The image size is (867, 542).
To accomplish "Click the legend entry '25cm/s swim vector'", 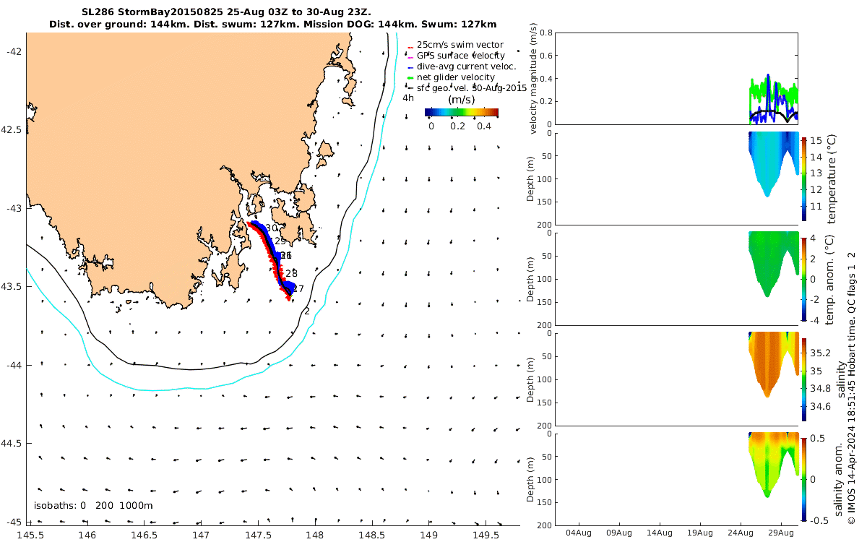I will tap(460, 45).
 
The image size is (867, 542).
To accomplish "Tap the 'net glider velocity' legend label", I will tap(455, 77).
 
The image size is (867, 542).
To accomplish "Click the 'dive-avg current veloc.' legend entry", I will tap(466, 66).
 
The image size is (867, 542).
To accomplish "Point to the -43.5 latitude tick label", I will tap(12, 287).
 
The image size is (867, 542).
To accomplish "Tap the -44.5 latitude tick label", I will tap(12, 443).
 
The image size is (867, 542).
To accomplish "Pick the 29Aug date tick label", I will tap(782, 533).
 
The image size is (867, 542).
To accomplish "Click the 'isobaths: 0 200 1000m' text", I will tap(93, 505).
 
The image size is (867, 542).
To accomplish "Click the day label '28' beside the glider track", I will tap(291, 273).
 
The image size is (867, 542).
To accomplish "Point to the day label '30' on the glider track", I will tap(272, 228).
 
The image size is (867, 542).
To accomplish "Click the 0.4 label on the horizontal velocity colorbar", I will tap(485, 126).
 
